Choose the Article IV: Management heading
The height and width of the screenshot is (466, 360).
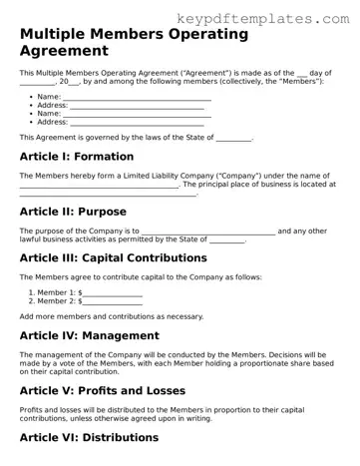[90, 335]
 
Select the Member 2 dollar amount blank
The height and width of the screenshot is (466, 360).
[112, 300]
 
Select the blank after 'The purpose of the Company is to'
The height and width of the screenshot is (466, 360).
[208, 231]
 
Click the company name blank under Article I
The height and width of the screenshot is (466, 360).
[99, 185]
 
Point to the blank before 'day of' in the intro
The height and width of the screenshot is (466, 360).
[303, 73]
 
